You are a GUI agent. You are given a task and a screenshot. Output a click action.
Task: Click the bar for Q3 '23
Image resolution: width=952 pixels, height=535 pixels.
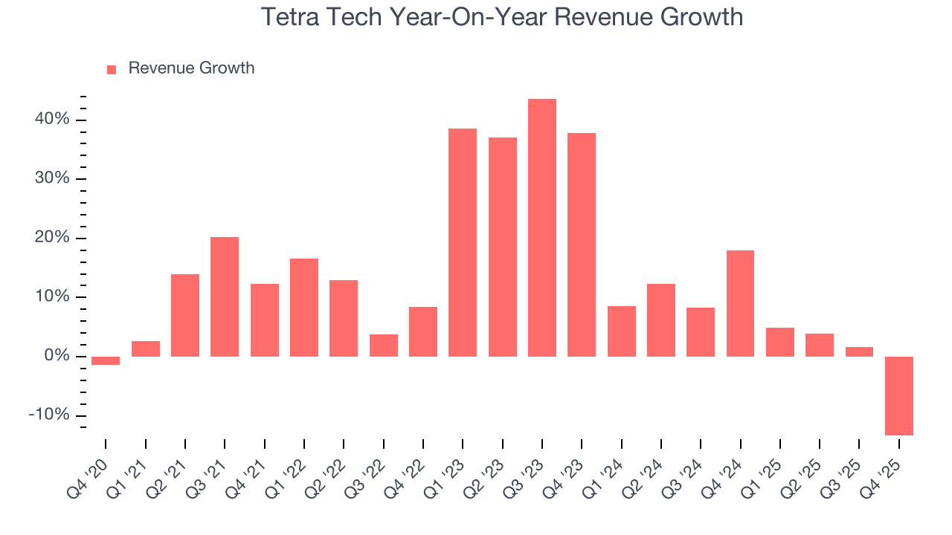coord(542,227)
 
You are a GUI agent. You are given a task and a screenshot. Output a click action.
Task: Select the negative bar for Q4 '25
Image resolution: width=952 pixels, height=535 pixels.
coord(899,395)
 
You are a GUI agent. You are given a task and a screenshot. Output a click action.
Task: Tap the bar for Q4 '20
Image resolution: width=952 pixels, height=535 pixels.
coord(106,360)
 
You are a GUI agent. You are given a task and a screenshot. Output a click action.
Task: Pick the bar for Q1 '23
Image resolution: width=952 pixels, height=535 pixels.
coord(463,242)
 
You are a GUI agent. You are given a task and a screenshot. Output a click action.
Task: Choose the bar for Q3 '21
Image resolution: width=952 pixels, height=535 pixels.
coord(225,296)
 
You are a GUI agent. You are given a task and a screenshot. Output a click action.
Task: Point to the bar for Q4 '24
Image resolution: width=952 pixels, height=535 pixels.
coord(740,303)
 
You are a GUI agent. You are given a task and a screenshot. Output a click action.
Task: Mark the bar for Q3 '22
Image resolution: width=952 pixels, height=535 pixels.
coord(383,346)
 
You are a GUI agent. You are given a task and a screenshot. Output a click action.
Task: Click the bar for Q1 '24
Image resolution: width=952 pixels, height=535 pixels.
coord(621,331)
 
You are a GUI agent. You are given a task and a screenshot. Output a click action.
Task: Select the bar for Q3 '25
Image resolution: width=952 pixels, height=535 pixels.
coord(859,351)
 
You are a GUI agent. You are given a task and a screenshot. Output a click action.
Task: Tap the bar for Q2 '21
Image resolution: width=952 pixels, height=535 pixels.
coord(185,315)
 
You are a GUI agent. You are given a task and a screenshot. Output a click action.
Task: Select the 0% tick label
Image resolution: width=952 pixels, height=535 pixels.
coord(58,356)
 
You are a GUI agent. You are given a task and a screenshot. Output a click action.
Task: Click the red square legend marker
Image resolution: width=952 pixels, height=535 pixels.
coord(112,69)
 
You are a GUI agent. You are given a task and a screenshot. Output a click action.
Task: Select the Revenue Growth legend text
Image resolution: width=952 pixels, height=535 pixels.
coord(191,68)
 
